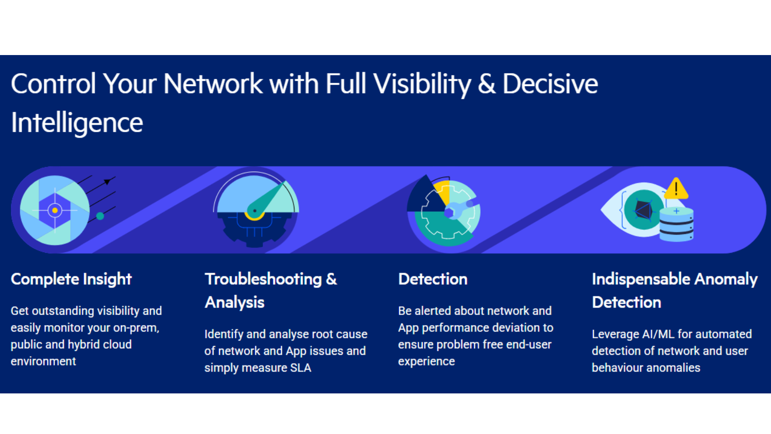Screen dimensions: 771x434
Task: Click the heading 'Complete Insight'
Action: point(71,279)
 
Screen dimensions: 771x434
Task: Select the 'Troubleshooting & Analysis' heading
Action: point(271,291)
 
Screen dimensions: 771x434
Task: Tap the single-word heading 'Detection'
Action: point(433,279)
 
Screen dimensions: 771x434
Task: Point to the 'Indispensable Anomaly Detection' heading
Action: point(675,291)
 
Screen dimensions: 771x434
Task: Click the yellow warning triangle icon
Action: point(676,189)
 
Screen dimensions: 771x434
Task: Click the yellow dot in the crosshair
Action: point(55,210)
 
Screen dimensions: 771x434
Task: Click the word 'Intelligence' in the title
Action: point(77,123)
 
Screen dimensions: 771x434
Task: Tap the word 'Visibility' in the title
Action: point(422,84)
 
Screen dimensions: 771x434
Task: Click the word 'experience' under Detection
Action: point(426,362)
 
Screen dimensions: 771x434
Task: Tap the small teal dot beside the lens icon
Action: point(100,216)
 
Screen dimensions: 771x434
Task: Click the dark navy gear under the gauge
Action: point(255,229)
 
